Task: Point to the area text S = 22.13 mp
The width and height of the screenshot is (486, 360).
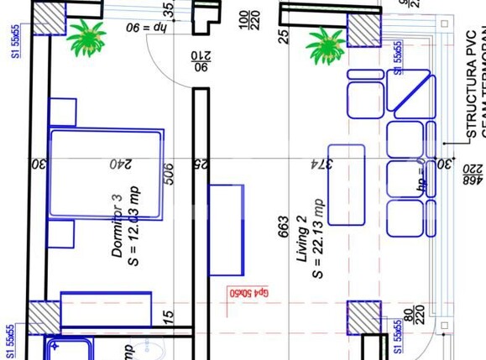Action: point(318,238)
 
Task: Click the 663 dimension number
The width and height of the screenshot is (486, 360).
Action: point(284,227)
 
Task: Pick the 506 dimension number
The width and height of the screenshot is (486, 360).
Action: point(169,174)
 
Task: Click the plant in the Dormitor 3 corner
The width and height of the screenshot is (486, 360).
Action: point(86,39)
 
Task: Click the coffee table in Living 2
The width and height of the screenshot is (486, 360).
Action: point(346,185)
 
